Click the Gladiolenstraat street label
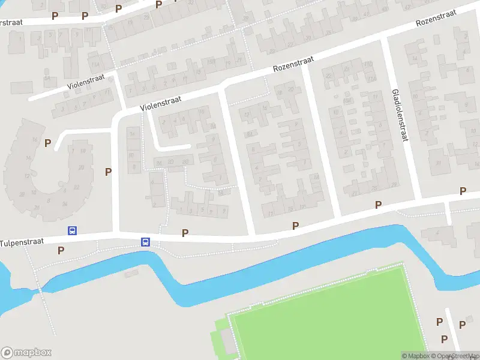point(398,115)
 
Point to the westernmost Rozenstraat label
point(293,64)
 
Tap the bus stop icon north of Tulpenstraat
point(73,230)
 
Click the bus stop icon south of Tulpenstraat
point(145,242)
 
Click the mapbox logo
point(26,352)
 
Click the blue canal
point(300,252)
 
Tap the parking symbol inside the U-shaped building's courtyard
point(47,143)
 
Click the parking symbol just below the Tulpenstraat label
point(61,250)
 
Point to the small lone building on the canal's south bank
point(130,274)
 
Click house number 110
point(368,65)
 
